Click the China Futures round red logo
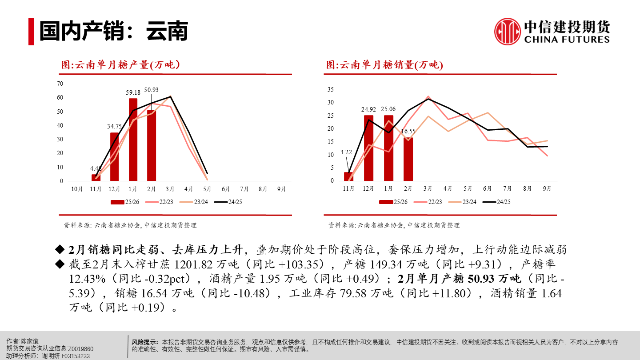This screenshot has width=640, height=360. coord(508,32)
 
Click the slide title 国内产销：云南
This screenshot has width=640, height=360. coord(113,31)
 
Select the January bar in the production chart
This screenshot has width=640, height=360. coord(133,140)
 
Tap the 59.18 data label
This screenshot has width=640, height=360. coord(133,92)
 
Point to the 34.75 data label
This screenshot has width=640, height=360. coord(114,126)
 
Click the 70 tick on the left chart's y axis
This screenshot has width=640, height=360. coord(60,84)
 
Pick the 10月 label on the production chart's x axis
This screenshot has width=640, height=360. coord(77,189)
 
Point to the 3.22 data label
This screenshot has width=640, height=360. coord(346,152)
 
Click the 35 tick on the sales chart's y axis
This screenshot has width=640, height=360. coord(330,89)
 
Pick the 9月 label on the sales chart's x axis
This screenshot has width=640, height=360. coord(547,188)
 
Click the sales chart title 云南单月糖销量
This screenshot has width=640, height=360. coord(384,65)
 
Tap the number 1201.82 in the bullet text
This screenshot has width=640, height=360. coord(194,265)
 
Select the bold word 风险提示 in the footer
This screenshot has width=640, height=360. coord(145,342)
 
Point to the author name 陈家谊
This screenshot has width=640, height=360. coord(30,341)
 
